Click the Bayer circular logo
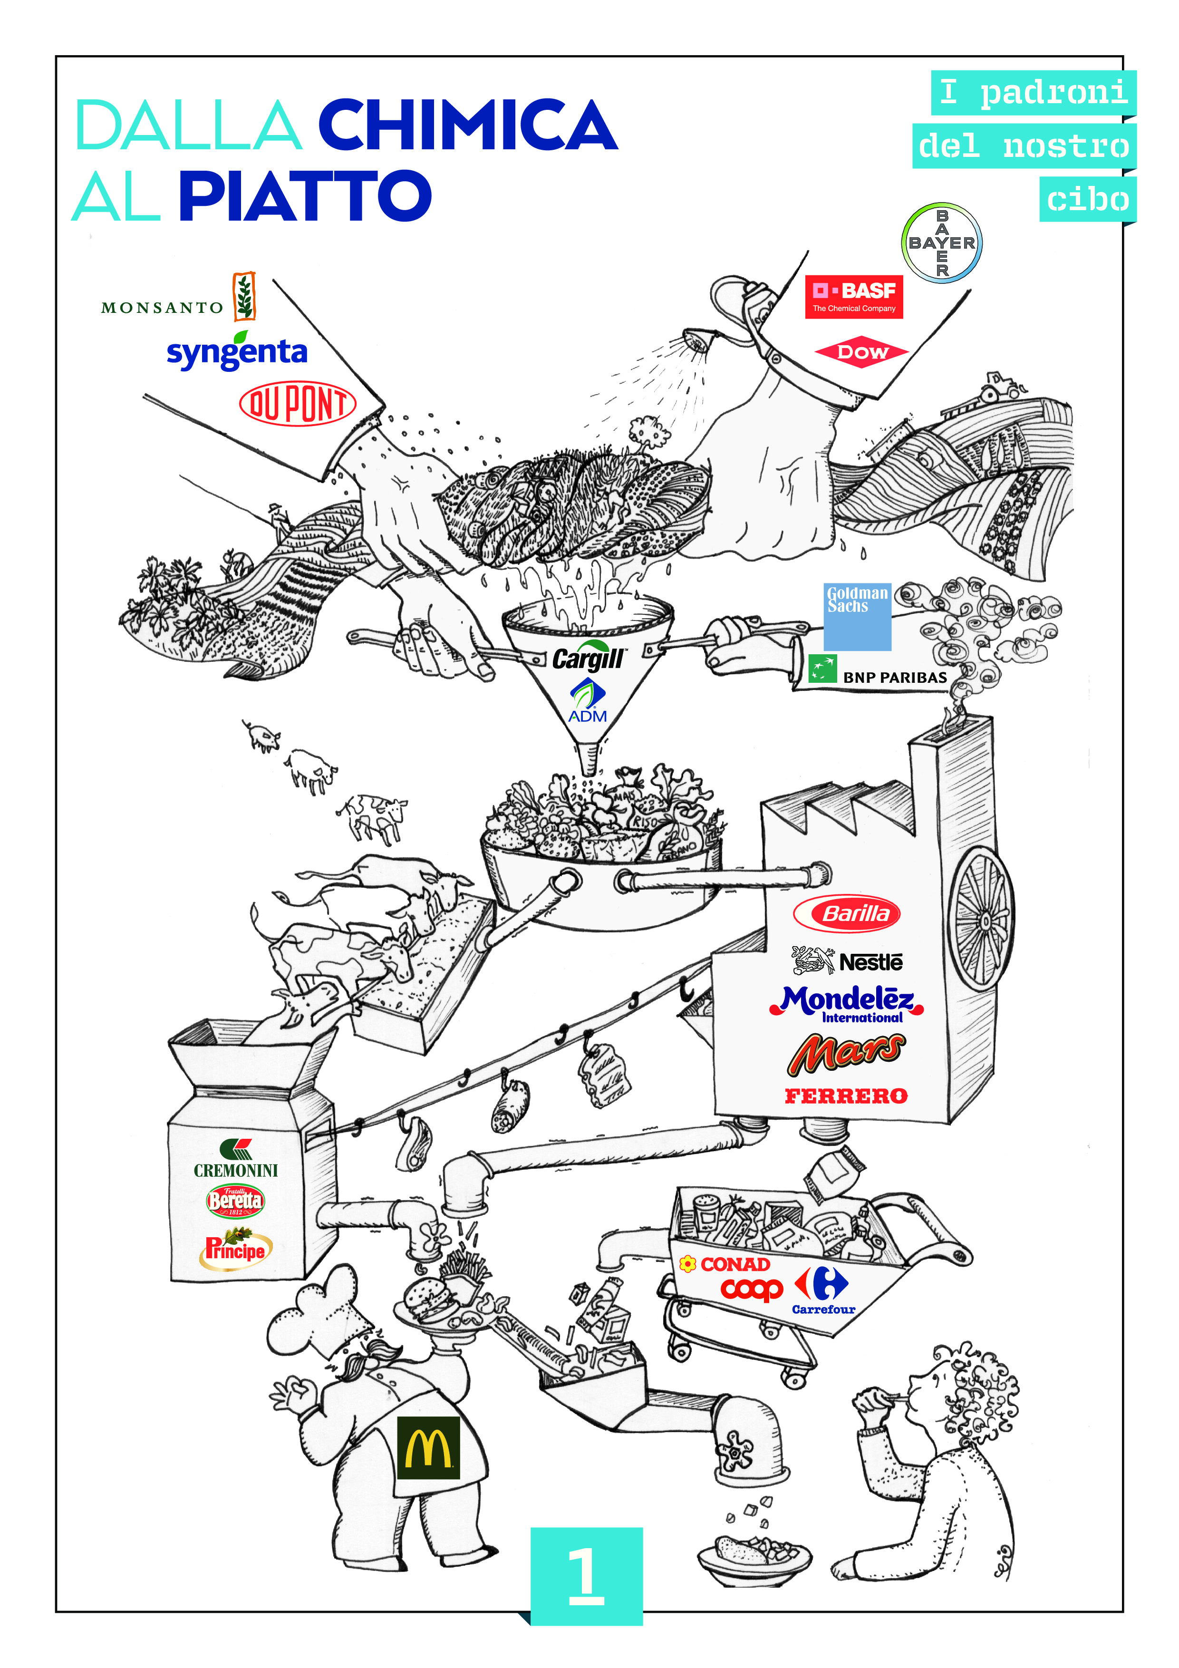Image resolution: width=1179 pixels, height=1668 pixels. pos(941,242)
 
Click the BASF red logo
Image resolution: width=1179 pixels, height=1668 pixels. pos(853,296)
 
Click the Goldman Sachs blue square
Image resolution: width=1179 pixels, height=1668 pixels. pos(857,616)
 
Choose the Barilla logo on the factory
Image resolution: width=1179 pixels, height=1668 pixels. pos(847,913)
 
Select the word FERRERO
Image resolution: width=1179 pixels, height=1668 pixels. pos(846,1096)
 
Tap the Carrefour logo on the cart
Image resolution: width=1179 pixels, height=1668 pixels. pos(822,1291)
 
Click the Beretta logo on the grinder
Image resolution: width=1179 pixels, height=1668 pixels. pos(235,1200)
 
